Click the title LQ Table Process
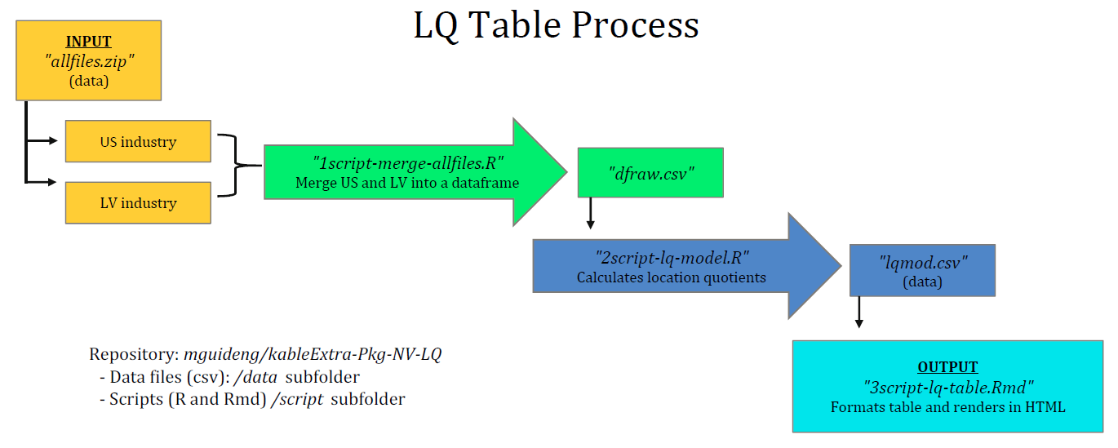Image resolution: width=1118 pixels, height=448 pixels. pyautogui.click(x=556, y=25)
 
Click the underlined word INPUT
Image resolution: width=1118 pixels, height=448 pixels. pyautogui.click(x=89, y=42)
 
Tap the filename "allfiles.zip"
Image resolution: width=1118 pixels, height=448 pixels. pyautogui.click(x=89, y=61)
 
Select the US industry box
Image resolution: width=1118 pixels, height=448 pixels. pyautogui.click(x=138, y=142)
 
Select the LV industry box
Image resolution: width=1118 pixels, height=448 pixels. pyautogui.click(x=138, y=202)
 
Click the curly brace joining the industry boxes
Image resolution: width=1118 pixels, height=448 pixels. pyautogui.click(x=237, y=166)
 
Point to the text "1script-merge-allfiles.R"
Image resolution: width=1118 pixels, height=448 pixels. pyautogui.click(x=408, y=162)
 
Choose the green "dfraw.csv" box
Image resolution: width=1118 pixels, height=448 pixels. pyautogui.click(x=650, y=172)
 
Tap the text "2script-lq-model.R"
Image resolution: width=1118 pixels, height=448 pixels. pyautogui.click(x=671, y=258)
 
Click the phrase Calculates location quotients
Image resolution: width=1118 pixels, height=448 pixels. pyautogui.click(x=671, y=277)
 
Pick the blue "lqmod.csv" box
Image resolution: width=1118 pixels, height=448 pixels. pyautogui.click(x=922, y=269)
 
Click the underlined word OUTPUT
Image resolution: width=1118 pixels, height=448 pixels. pyautogui.click(x=947, y=367)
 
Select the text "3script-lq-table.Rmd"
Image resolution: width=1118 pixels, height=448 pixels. pyautogui.click(x=947, y=387)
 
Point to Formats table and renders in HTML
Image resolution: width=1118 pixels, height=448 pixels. pyautogui.click(x=947, y=406)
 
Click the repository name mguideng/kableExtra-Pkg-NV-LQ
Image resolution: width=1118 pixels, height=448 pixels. pyautogui.click(x=313, y=355)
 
